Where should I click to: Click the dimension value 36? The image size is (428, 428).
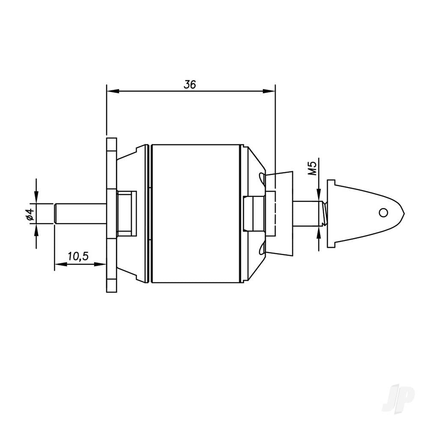tap(190, 84)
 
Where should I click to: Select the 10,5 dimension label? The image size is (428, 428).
tap(78, 256)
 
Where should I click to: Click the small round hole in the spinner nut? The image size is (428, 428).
tap(384, 212)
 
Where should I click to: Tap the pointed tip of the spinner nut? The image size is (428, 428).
tap(403, 212)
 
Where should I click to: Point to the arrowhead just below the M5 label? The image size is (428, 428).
tap(319, 196)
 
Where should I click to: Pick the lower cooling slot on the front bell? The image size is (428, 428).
tap(261, 248)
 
